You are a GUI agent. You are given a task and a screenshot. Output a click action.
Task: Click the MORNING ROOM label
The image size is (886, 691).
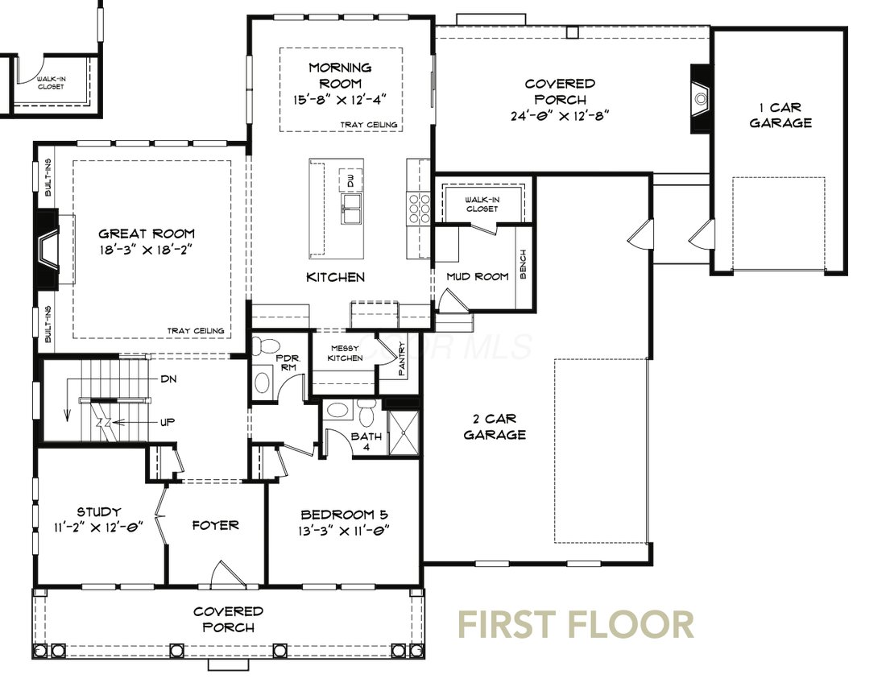(340, 76)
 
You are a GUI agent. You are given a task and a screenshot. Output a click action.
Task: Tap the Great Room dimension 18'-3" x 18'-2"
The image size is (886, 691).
(147, 250)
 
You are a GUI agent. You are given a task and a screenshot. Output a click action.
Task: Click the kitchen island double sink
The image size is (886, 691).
(351, 209)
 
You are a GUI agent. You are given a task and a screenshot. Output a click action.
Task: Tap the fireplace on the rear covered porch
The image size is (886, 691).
(701, 99)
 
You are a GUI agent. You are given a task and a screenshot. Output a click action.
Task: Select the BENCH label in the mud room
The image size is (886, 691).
(524, 264)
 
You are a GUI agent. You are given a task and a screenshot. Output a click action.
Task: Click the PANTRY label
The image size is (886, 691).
(402, 358)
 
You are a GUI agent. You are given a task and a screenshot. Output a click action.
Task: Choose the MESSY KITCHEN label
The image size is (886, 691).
(346, 353)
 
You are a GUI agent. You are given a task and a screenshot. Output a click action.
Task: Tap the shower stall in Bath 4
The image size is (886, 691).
(404, 433)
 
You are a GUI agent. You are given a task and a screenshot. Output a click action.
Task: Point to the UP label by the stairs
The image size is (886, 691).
(168, 421)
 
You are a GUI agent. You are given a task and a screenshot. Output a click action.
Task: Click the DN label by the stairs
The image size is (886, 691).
(168, 379)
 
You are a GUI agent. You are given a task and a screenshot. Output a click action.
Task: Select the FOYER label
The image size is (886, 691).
(215, 525)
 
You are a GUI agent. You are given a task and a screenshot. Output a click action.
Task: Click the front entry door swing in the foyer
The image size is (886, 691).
(228, 574)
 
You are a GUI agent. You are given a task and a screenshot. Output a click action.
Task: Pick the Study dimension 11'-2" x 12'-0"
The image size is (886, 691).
(99, 528)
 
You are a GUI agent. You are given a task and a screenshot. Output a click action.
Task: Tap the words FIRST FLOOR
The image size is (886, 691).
(576, 624)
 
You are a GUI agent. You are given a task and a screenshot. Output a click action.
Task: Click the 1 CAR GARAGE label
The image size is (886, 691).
(780, 114)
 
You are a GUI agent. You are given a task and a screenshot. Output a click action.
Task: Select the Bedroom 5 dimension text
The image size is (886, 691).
(345, 531)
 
